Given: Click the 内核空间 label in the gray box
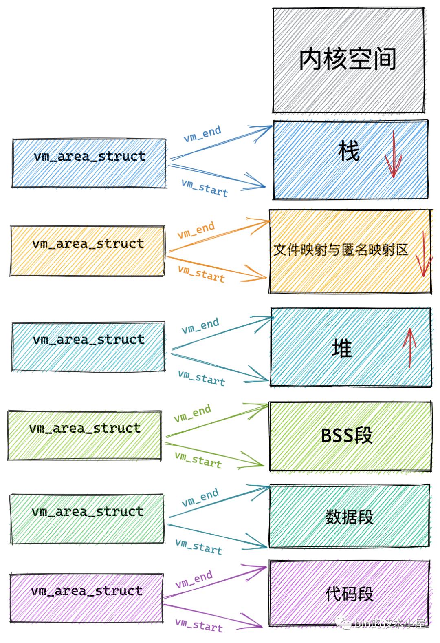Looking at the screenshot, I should [x=348, y=60].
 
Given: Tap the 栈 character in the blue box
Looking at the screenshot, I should [x=349, y=151].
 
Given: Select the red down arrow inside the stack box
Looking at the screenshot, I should [x=393, y=155].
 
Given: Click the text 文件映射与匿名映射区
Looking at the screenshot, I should [x=341, y=250].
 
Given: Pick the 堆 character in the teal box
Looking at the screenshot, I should [x=341, y=349].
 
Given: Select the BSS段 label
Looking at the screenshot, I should [x=346, y=435].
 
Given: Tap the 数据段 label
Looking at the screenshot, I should [x=349, y=517].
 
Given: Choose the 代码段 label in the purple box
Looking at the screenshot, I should [x=349, y=594].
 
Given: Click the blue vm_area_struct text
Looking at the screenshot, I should [x=90, y=157].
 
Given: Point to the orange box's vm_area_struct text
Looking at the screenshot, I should [x=88, y=244].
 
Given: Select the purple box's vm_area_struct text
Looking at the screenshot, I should [x=87, y=591].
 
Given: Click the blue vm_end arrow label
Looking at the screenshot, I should [x=202, y=134].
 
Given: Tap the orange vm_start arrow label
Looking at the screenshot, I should [x=201, y=273].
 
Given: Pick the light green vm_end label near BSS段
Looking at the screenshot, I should [x=192, y=413].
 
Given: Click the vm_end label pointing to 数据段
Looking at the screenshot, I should [x=200, y=498].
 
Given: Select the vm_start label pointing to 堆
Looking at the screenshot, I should [x=201, y=378].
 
